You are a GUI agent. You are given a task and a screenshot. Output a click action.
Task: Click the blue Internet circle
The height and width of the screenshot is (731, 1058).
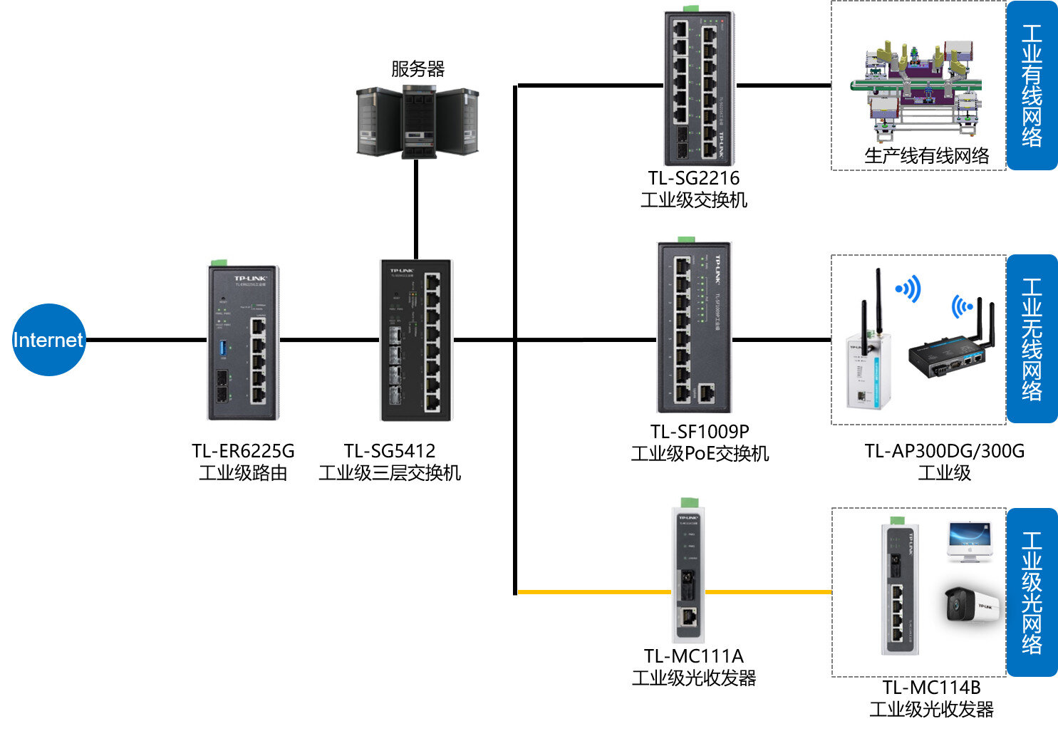coord(48,340)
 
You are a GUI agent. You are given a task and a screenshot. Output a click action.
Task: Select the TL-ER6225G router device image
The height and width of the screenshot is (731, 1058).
coord(243,343)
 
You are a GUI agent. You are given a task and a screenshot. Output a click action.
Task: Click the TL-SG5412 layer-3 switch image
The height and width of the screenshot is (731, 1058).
coord(416,341)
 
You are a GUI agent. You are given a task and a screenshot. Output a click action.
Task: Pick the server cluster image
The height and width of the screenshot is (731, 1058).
coord(418,122)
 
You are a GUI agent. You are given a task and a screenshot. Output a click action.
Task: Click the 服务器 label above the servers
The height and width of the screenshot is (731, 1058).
coord(418,69)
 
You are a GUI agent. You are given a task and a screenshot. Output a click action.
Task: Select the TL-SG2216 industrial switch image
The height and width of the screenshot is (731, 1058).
coord(698,88)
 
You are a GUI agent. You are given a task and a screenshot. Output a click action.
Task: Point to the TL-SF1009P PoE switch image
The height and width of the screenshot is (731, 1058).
coord(694,328)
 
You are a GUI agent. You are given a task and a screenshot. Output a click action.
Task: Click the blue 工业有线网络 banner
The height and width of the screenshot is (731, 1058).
coord(1032,85)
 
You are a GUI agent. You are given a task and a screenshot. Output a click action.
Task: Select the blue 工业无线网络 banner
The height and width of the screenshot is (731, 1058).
coord(1032,339)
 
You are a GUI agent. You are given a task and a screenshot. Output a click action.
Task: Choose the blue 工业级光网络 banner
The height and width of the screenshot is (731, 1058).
coord(1032,592)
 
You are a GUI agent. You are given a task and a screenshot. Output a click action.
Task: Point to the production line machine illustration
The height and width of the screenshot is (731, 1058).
coord(919,89)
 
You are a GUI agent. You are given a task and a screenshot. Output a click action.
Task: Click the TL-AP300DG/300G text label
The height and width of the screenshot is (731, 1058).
coord(944,451)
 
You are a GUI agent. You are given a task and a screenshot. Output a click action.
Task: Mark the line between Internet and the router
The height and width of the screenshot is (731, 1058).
coord(146,340)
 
